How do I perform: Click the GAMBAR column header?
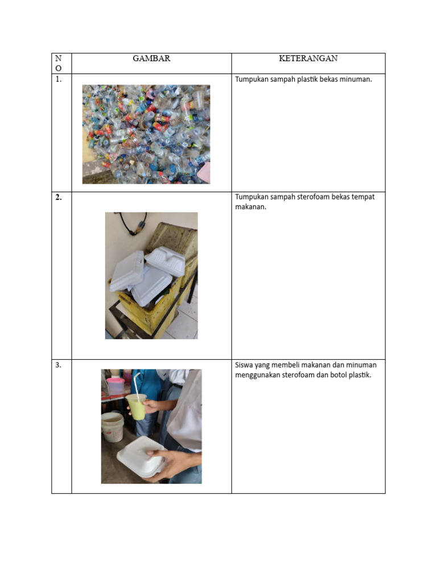[x=151, y=59]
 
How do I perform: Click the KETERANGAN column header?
[x=308, y=59]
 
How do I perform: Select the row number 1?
[x=59, y=80]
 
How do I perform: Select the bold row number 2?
[x=59, y=198]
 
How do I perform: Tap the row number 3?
[x=59, y=365]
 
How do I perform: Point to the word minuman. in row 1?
[x=356, y=80]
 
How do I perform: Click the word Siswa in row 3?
[x=244, y=365]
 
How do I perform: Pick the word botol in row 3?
[x=336, y=375]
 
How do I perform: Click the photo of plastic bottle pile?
[x=146, y=134]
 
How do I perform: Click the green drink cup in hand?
[x=137, y=407]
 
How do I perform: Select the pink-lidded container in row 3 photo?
[x=115, y=385]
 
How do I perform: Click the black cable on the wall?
[x=134, y=223]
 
